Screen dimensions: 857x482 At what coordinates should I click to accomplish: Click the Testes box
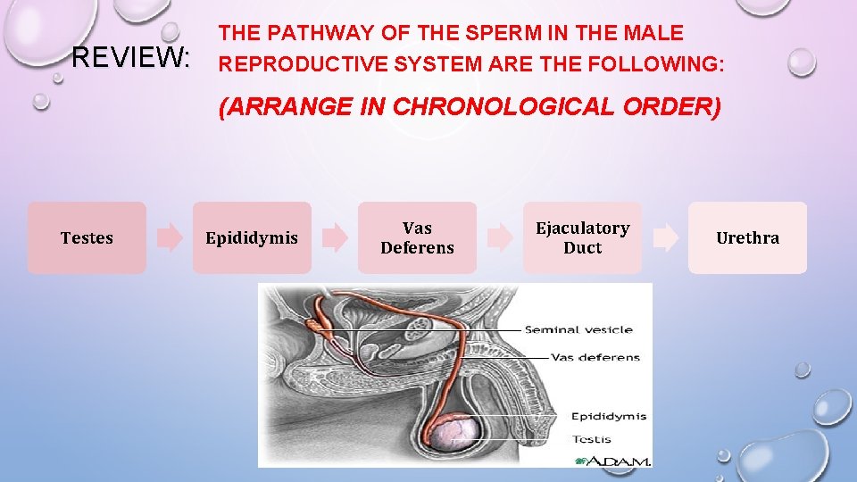tap(87, 237)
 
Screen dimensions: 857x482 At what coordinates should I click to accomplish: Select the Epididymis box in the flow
tap(252, 237)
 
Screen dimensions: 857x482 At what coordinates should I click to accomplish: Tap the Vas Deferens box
tap(417, 237)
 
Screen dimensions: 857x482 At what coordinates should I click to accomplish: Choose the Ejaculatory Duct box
tap(582, 237)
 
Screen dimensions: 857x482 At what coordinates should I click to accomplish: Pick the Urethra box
tap(747, 237)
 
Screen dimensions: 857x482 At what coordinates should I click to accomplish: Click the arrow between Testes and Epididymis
tap(170, 237)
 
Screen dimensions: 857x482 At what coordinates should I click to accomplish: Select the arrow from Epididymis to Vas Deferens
tap(335, 237)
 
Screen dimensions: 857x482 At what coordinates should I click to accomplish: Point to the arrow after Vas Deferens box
tap(500, 237)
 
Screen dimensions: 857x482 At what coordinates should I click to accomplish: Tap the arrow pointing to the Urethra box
tap(665, 237)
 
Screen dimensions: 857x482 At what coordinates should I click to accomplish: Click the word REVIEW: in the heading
tap(130, 59)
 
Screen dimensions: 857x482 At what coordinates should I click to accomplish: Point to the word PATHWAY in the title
tap(316, 34)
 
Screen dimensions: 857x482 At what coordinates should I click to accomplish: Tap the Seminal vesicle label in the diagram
tap(578, 329)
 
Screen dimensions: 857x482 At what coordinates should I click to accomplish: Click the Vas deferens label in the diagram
tap(595, 357)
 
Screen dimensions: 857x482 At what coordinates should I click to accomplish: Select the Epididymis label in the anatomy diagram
tap(609, 416)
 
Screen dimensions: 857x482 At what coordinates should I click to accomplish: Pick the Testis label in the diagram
tap(592, 438)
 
